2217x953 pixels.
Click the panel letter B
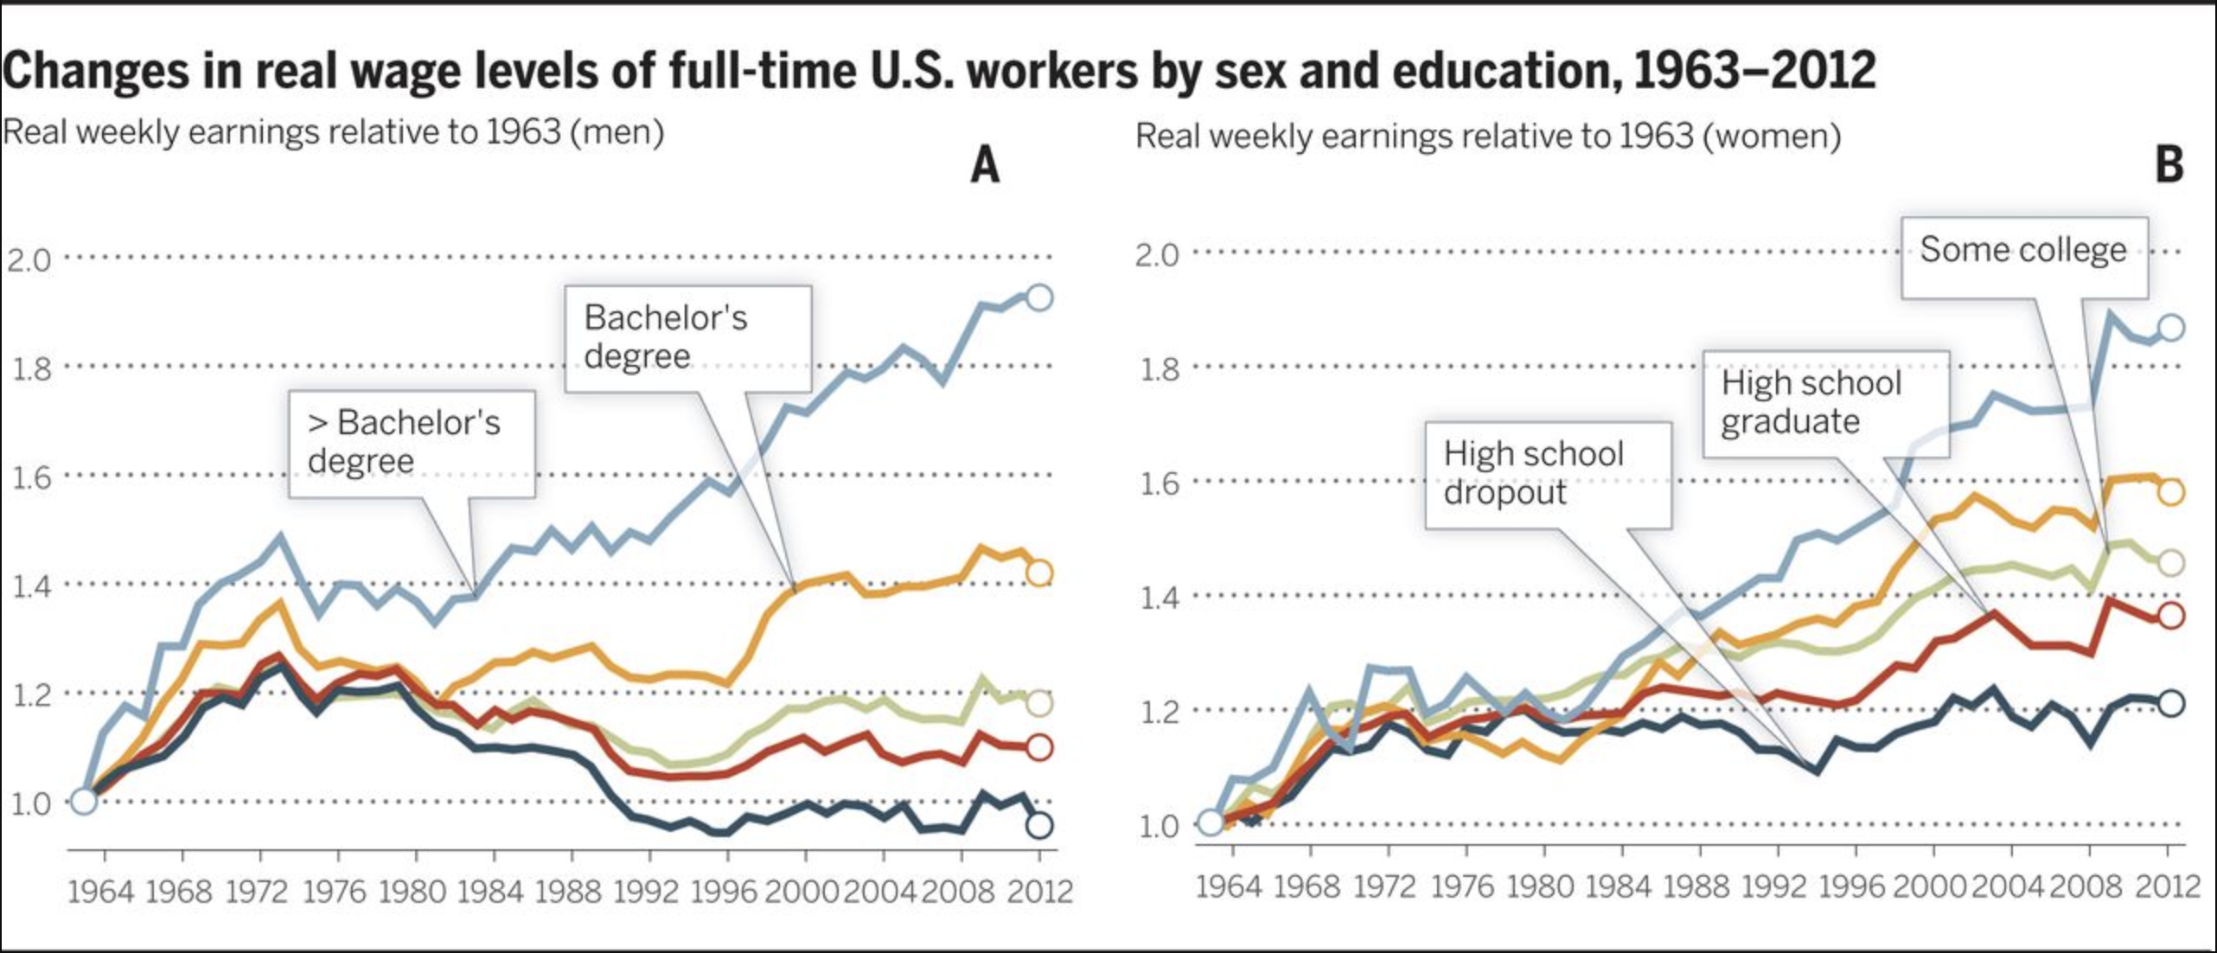(2169, 164)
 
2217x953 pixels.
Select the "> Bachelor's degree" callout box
(412, 443)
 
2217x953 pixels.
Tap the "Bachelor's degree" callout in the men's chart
(687, 337)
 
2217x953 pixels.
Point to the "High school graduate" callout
(1825, 403)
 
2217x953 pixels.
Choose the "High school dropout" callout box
(1547, 473)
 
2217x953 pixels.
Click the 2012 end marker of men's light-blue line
(1039, 297)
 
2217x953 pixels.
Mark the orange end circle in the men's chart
(1039, 572)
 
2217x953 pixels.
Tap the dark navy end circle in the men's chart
(1039, 825)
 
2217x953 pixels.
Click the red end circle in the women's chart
(2171, 616)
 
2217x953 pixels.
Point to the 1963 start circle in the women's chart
(1211, 822)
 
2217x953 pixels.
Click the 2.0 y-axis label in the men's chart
(30, 259)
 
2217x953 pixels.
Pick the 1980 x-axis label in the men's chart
(412, 891)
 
